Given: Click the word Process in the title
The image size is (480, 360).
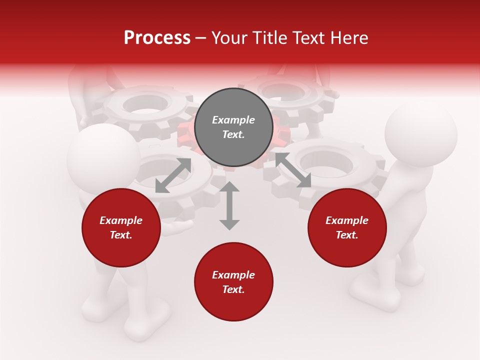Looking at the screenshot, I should (157, 38).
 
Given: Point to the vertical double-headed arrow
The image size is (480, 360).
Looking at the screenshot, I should (229, 205).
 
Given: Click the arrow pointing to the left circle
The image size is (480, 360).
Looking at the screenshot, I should (173, 175).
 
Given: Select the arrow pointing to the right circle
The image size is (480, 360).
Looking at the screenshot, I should (293, 170).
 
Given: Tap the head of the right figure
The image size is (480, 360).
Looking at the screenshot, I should (421, 134).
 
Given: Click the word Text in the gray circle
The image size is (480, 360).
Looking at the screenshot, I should (233, 134).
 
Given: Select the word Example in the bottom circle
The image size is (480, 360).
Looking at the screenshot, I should (233, 275).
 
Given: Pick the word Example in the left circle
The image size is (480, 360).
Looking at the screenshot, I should (121, 220).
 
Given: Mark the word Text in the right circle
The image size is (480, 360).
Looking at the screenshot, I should (346, 235).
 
